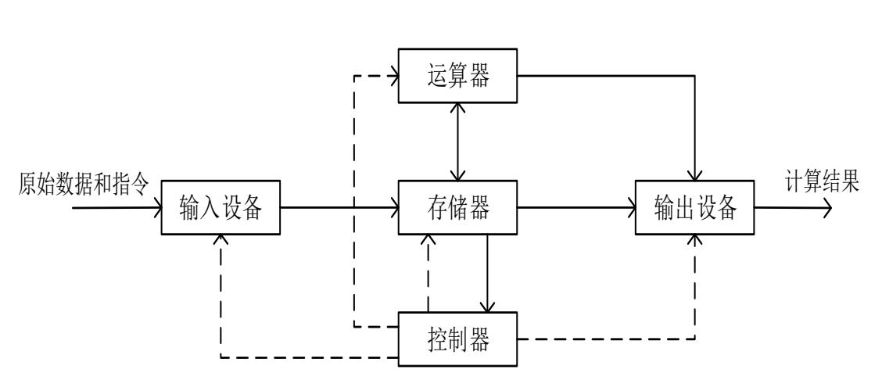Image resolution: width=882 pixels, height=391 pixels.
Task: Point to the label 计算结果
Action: [x=823, y=184]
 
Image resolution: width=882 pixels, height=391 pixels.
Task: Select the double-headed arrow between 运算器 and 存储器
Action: [x=458, y=142]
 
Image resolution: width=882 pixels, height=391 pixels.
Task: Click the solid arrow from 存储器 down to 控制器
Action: [x=489, y=274]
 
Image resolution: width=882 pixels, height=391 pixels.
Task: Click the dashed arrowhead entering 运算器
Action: [x=394, y=76]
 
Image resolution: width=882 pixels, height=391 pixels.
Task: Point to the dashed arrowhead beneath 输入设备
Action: [x=220, y=239]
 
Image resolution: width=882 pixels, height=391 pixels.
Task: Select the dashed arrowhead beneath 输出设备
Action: [x=694, y=239]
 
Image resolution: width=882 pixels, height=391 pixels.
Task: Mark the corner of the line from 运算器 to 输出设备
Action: [x=694, y=76]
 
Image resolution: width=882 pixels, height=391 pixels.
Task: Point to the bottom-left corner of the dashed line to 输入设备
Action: [x=220, y=358]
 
